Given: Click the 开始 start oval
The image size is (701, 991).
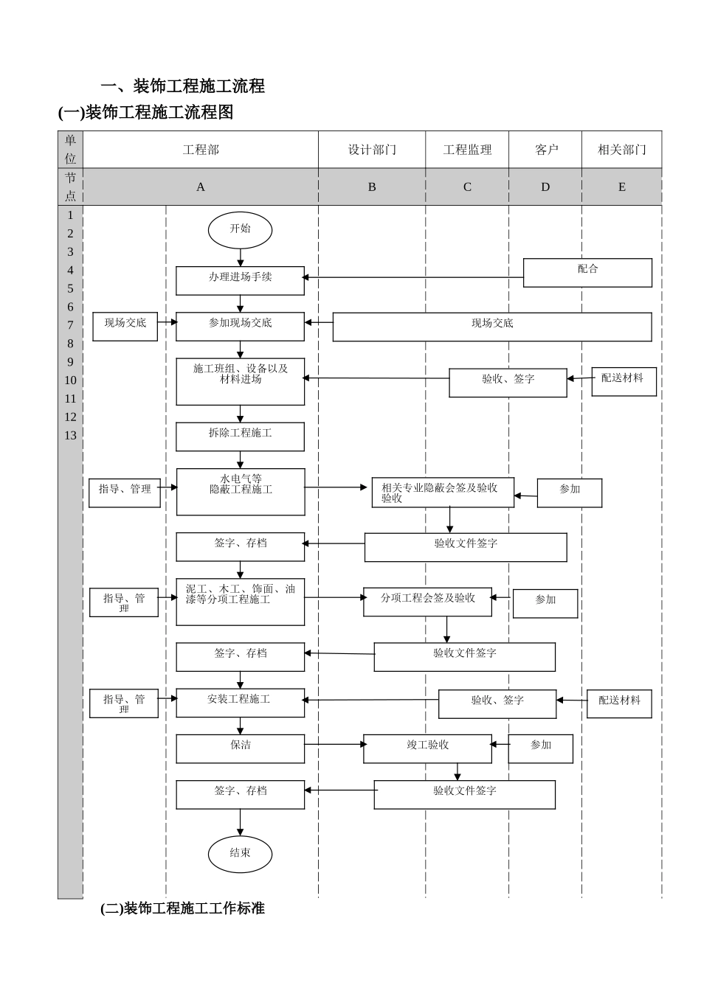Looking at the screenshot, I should (240, 229).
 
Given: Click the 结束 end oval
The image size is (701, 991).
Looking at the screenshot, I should (240, 854).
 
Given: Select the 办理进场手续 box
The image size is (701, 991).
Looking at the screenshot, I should (240, 280).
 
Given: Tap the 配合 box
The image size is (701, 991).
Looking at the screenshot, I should (587, 272).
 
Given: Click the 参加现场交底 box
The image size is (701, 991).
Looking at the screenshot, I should (240, 326).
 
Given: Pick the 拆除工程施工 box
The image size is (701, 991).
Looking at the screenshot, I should (240, 437).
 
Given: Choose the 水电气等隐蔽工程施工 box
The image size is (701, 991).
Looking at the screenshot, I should (241, 491).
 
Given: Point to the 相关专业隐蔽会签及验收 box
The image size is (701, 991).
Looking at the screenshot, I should (443, 493).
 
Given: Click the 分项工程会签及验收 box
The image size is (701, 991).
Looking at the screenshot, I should (427, 601).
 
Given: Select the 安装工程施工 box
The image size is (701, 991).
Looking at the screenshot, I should (240, 702).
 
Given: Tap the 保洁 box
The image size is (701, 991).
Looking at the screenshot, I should (240, 748).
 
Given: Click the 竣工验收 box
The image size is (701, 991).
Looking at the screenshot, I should (427, 748).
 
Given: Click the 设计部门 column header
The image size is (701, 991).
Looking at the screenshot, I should (372, 150).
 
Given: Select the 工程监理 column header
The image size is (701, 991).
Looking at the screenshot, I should (466, 150).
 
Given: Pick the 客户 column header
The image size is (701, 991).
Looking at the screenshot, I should (546, 150).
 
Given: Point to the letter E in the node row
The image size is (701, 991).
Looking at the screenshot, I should (621, 187).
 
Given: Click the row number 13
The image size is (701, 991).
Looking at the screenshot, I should (70, 435).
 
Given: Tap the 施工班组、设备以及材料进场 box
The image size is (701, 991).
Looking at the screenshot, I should (240, 380).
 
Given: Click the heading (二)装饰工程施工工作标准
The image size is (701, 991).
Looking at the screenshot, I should (182, 908).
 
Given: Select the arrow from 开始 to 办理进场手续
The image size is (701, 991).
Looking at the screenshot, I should (240, 257).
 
